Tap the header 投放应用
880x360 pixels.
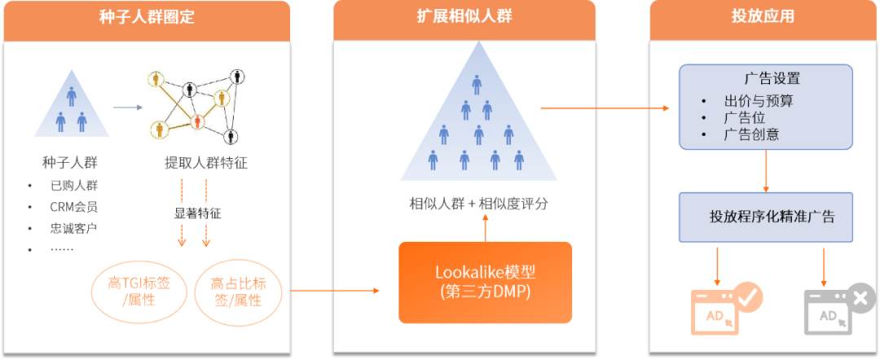coord(763,17)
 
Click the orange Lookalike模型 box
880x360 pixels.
coord(484,282)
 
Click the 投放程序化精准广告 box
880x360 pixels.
coord(766,217)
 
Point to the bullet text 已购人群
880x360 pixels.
coord(73,185)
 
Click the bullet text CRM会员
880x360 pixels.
coord(73,207)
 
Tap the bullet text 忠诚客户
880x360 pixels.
coord(73,228)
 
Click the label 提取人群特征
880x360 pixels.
coord(205,163)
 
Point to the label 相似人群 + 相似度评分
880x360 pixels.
coord(478,204)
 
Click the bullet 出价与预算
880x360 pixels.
coord(759,102)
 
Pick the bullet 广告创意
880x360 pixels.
coord(750,134)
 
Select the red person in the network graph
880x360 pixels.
coord(196,121)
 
